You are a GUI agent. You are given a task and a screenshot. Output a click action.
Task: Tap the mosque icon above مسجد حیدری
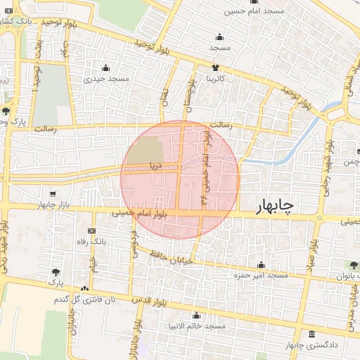(106, 68)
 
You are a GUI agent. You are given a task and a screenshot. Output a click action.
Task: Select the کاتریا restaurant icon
(214, 68)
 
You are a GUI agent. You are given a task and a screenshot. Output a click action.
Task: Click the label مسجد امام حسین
(255, 11)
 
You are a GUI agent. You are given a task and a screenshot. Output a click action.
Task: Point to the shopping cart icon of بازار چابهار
(53, 194)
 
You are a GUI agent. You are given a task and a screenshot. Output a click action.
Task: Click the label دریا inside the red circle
(155, 167)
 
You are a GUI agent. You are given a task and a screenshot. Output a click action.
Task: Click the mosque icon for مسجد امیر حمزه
(262, 265)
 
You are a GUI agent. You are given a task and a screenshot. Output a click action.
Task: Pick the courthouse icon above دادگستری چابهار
(311, 334)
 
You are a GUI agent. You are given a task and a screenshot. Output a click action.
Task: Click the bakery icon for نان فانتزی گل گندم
(85, 289)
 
